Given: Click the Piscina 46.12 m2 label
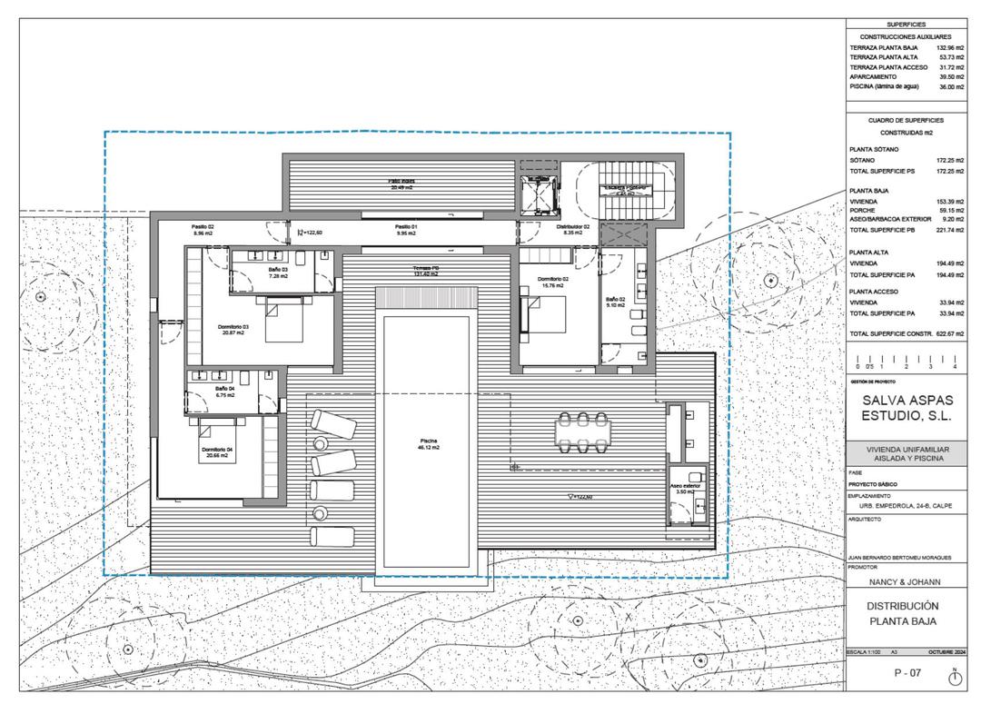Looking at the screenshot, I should point(429,445).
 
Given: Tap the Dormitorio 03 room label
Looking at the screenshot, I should point(233,329).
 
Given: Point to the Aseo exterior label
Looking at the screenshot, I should point(686,489).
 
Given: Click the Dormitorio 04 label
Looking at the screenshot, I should point(218,452).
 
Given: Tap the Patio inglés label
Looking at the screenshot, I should point(401,183).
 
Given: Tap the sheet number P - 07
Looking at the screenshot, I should point(907,673).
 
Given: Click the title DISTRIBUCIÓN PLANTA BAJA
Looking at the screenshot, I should point(902,614).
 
